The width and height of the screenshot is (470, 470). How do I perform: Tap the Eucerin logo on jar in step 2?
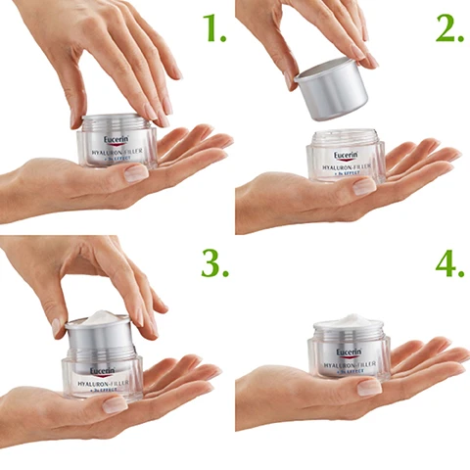click(x=347, y=155)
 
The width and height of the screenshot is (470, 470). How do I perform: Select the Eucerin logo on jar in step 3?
click(x=102, y=371)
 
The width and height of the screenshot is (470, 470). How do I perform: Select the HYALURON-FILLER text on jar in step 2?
click(x=346, y=168)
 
